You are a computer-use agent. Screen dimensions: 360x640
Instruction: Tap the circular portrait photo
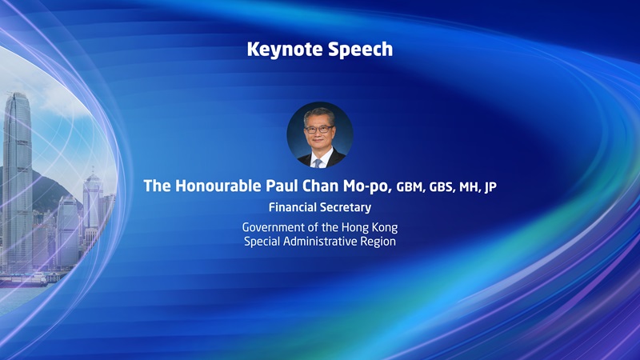pyautogui.click(x=319, y=134)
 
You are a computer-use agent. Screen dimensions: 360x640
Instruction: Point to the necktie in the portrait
pyautogui.click(x=318, y=162)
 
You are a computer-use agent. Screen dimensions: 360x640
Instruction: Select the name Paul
pyautogui.click(x=281, y=186)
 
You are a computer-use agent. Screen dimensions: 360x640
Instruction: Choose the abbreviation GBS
pyautogui.click(x=445, y=187)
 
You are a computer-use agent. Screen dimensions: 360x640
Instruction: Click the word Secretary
pyautogui.click(x=346, y=207)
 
